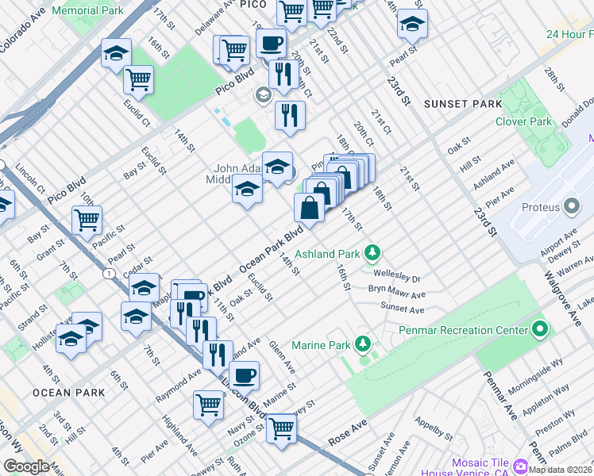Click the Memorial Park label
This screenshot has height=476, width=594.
click(87, 11)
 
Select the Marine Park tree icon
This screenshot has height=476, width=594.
click(363, 344)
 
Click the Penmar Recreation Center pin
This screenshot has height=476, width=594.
click(540, 329)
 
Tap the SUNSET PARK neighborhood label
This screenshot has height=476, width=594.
click(462, 104)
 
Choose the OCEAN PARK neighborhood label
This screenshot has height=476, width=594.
click(68, 393)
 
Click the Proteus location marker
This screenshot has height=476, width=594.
click(572, 208)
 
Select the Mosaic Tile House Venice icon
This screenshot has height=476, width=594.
click(521, 465)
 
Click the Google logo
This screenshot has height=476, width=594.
click(25, 466)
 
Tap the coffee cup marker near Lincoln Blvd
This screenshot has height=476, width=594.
click(244, 374)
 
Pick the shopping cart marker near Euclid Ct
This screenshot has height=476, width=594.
click(138, 78)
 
